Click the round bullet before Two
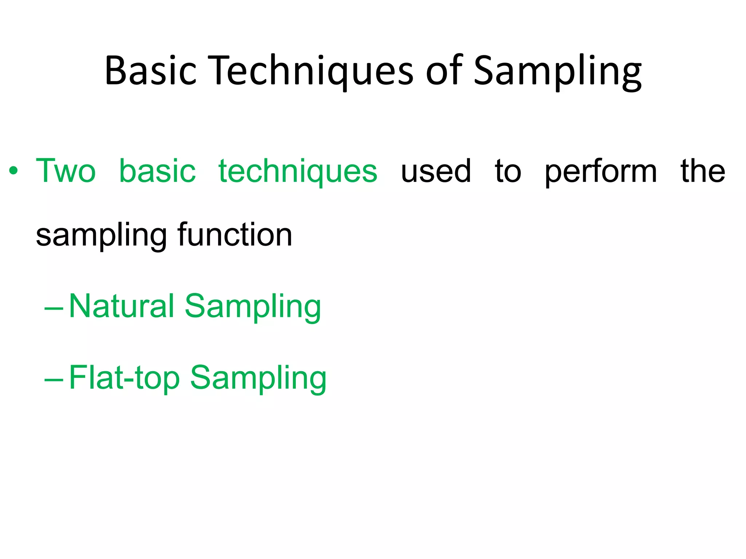click(x=13, y=171)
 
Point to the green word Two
click(x=66, y=171)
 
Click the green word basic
click(x=157, y=171)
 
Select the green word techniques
click(x=298, y=171)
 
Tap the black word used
click(x=436, y=171)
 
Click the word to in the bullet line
click(x=508, y=171)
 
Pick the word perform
click(x=601, y=171)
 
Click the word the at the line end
click(x=703, y=171)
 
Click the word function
click(x=235, y=235)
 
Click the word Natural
click(x=122, y=306)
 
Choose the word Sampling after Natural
click(x=253, y=306)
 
